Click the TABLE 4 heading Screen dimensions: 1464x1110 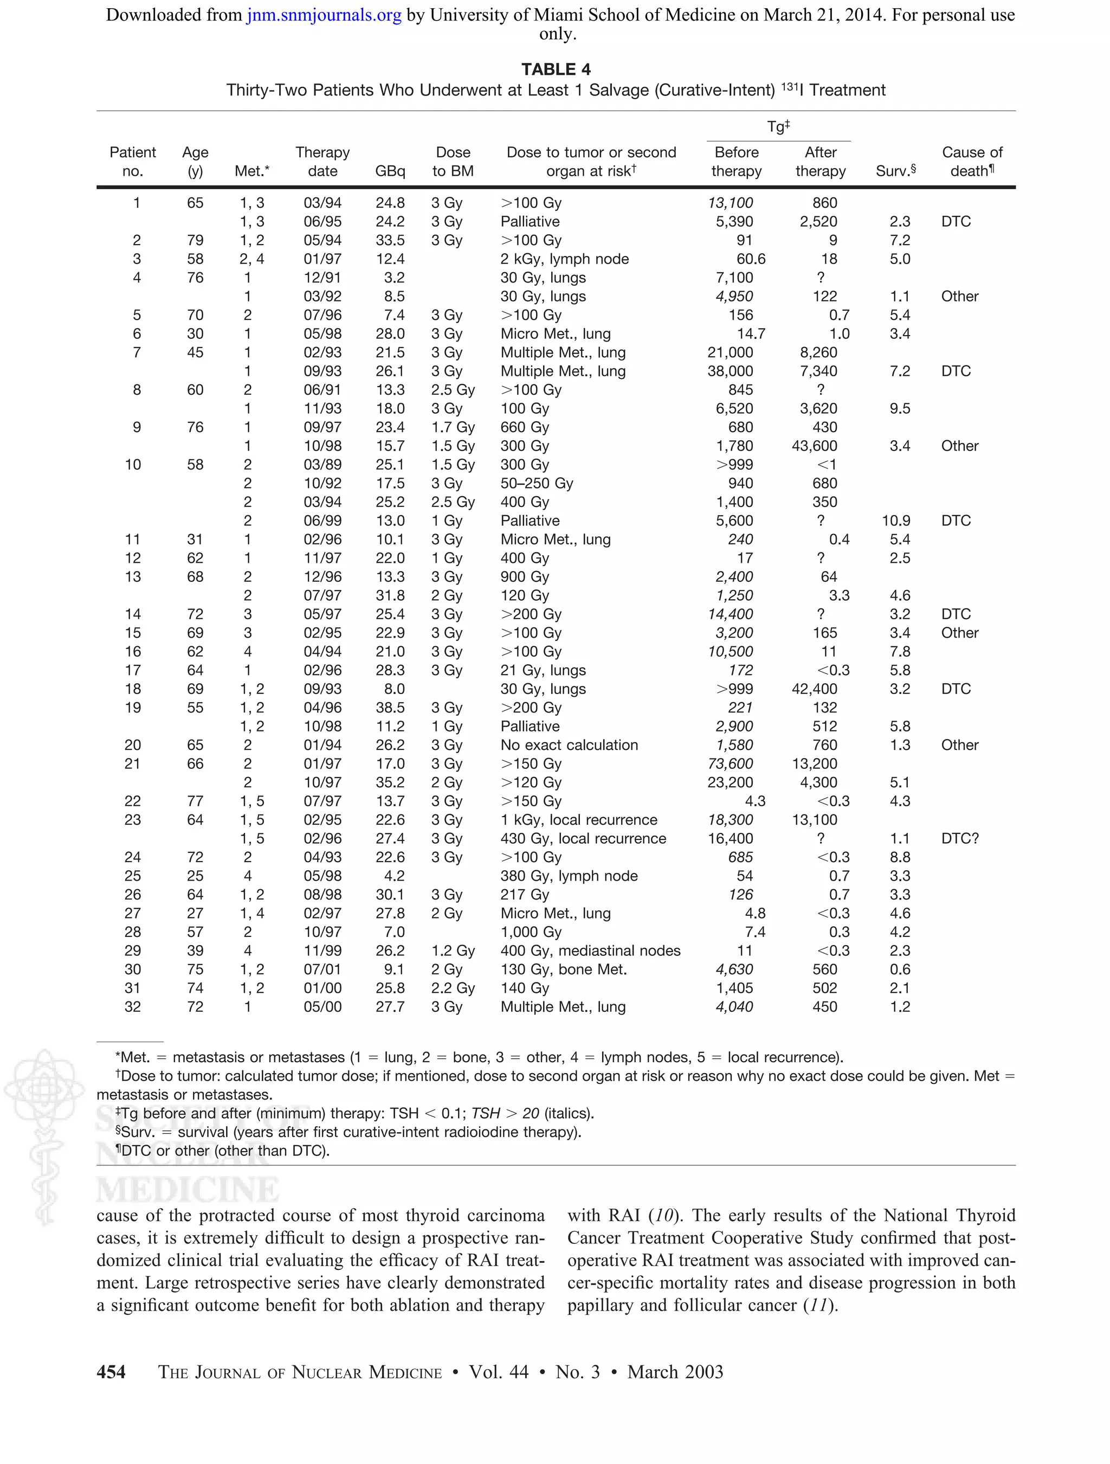(556, 69)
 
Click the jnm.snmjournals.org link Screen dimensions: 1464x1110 (324, 15)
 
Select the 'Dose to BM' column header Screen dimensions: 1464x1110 (453, 162)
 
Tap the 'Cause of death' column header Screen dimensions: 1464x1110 (972, 162)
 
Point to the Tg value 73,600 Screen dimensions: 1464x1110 (730, 764)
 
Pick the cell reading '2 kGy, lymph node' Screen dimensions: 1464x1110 (564, 259)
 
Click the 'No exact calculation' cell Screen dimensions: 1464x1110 (569, 745)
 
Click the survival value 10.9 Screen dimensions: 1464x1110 (896, 521)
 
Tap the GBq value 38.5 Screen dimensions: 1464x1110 (390, 708)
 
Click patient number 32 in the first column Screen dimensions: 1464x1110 (132, 1007)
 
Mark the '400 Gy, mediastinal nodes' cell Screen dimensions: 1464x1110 (590, 951)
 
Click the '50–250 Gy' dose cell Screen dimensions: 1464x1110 (537, 484)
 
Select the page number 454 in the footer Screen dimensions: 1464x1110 (111, 1372)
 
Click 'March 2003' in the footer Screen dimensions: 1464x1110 (675, 1372)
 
